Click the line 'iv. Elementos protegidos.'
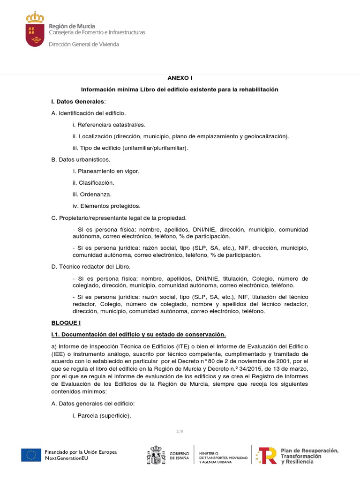click(106, 206)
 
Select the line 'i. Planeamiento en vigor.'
click(106, 171)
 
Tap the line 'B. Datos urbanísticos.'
click(81, 159)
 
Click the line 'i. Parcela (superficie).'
click(102, 415)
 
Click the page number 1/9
click(180, 430)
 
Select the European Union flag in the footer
click(30, 455)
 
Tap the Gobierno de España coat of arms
click(156, 455)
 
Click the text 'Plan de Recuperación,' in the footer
click(309, 450)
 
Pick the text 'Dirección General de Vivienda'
click(84, 44)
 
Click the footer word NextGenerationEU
click(66, 458)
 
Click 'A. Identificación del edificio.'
click(88, 113)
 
